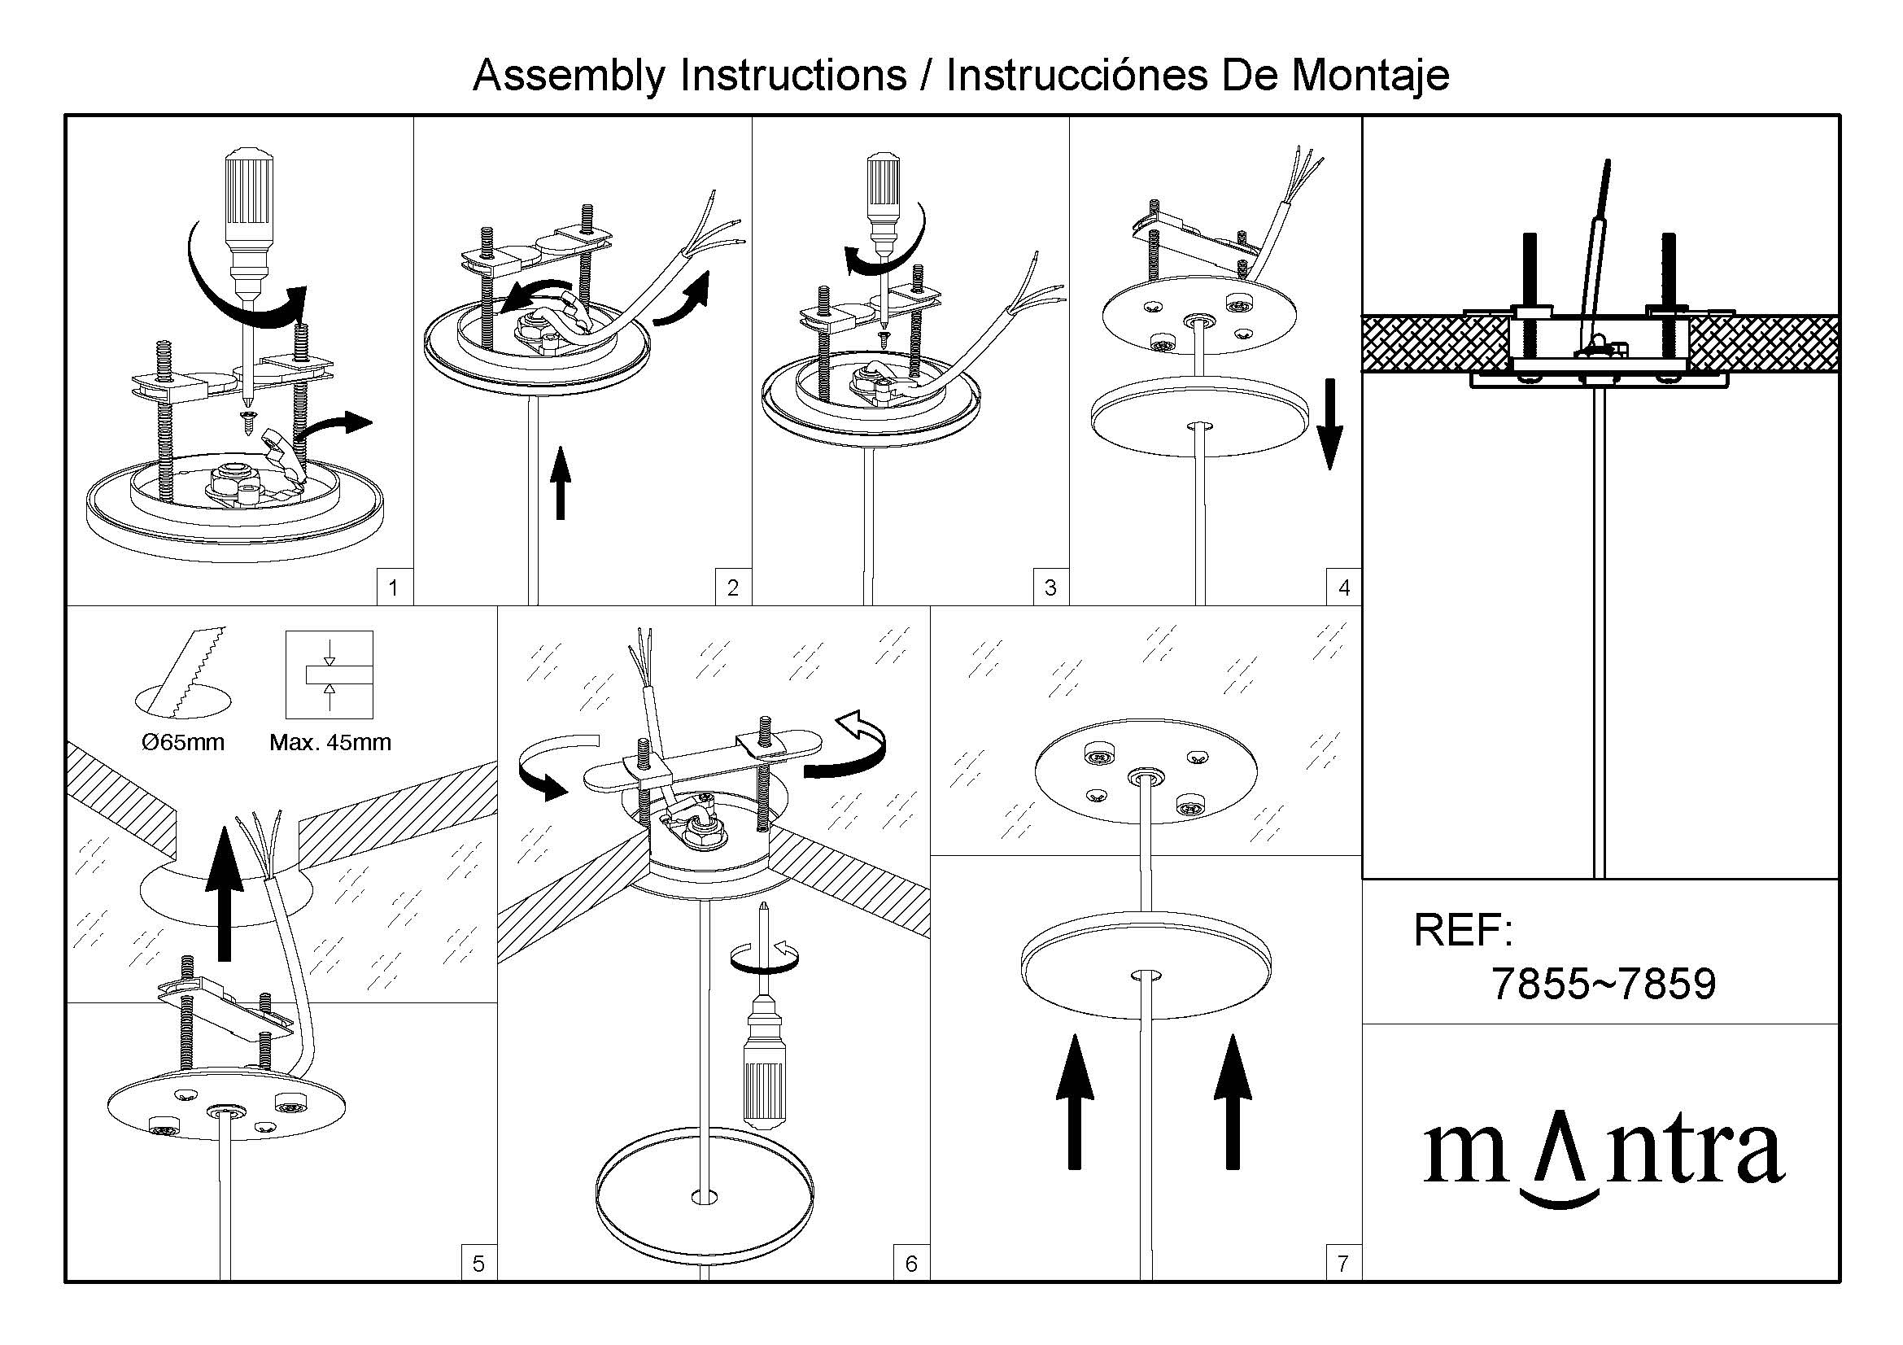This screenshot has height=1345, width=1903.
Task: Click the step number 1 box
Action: pos(393,587)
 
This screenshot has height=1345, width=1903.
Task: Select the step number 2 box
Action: pos(733,587)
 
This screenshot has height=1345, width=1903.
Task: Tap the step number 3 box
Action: pos(1050,587)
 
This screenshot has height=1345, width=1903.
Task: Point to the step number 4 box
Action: pos(1343,587)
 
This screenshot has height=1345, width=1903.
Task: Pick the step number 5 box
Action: pos(478,1263)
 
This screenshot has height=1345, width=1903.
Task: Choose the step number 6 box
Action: pos(911,1263)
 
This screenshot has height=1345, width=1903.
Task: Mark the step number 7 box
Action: pos(1342,1263)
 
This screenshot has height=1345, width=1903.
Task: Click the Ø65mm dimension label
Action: pos(183,742)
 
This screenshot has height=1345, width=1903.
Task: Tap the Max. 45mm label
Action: pos(330,742)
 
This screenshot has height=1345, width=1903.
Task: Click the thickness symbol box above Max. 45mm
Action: pos(329,675)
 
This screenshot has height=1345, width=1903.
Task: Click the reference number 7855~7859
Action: pos(1603,984)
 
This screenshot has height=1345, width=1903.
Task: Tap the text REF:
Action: pos(1463,930)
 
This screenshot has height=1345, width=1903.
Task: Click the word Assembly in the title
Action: pos(569,76)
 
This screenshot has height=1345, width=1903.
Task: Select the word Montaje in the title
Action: pos(1370,76)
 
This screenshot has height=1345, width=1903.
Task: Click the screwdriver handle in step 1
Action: pos(249,199)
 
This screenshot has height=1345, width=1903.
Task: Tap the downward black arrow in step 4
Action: pos(1329,424)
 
